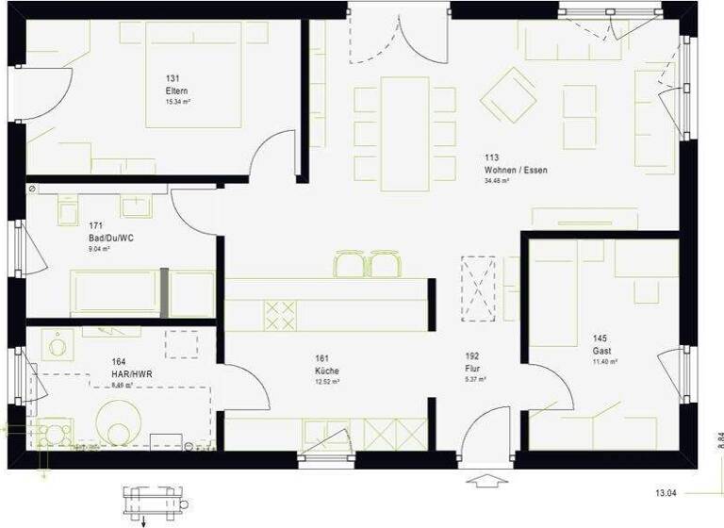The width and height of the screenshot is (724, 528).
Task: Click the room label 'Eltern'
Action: (175, 91)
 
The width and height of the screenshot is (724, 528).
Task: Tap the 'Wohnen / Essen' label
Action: (515, 170)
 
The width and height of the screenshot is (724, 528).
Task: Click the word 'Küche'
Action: (327, 371)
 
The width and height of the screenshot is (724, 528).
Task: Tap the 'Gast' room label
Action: (601, 351)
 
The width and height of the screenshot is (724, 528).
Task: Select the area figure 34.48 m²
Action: (497, 180)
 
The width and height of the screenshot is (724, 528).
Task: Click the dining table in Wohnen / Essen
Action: (404, 133)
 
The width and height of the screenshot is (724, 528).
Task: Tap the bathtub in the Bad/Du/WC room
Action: (115, 291)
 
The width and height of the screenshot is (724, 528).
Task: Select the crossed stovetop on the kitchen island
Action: (279, 315)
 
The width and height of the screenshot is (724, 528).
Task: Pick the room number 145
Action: (601, 338)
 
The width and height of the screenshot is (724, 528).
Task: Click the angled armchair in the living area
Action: (508, 94)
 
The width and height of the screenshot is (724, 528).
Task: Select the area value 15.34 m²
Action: (177, 101)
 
